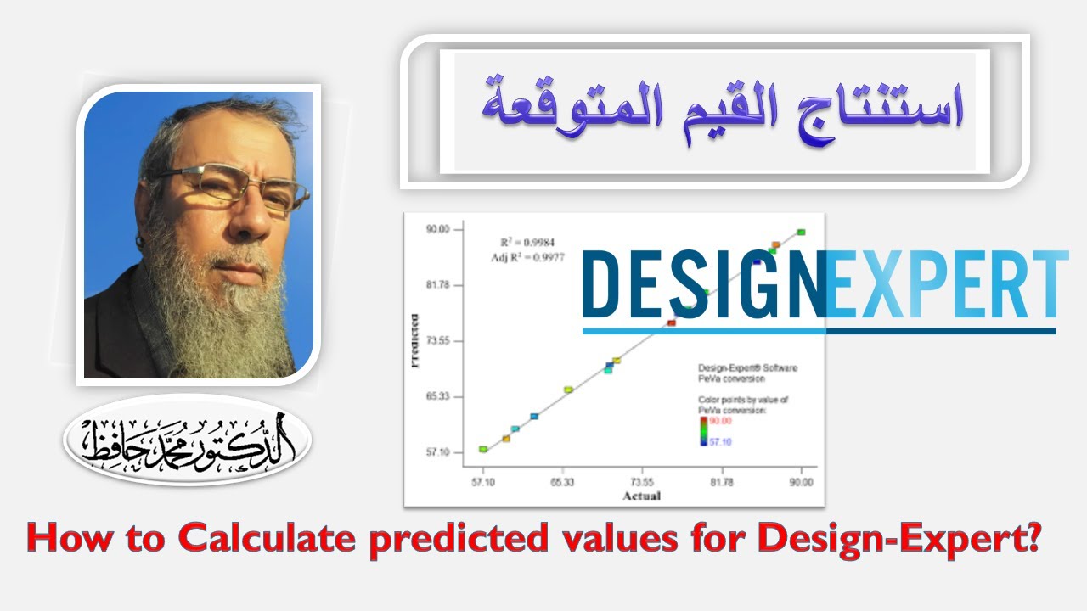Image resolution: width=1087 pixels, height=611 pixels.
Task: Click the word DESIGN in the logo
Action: tap(703, 285)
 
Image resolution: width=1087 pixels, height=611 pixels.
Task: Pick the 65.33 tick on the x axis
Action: tap(562, 482)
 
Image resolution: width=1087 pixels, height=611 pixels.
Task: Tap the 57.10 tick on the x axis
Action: tap(482, 482)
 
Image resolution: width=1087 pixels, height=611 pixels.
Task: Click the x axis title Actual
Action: tap(641, 496)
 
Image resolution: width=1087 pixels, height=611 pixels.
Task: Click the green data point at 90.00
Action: tap(801, 233)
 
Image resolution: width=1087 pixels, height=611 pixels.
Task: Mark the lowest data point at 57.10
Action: tap(483, 449)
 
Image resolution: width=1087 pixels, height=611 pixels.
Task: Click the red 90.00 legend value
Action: tap(720, 421)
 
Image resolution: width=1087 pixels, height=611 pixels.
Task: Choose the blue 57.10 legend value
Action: tap(720, 442)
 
